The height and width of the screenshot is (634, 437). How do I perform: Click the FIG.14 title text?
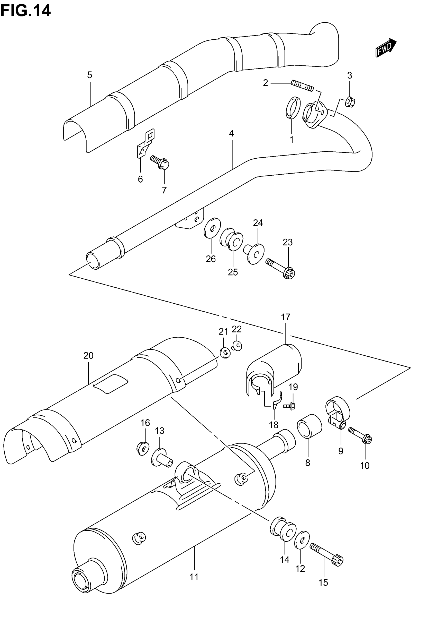[x=26, y=11]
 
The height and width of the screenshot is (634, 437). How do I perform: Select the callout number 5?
[x=89, y=75]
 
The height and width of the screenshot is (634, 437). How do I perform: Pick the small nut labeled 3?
[x=350, y=102]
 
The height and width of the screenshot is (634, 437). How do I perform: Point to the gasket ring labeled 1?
[x=293, y=108]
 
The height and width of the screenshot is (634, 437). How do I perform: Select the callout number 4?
[x=231, y=134]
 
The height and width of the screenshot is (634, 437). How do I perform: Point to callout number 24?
[x=258, y=223]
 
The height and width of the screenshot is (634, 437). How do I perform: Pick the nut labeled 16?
[x=143, y=449]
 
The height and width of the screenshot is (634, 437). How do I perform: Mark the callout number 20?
[x=88, y=355]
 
